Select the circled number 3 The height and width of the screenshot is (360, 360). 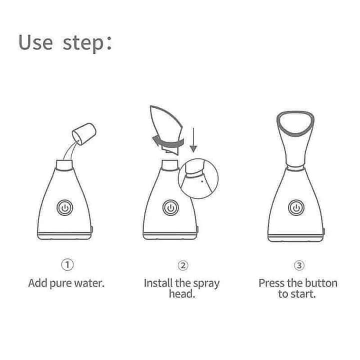tap(298, 264)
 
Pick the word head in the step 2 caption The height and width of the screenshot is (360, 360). tap(181, 294)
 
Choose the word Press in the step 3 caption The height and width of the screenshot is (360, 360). tap(271, 283)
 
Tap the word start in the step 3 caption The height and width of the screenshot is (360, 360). tap(304, 294)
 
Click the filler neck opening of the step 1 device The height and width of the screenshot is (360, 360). tap(65, 163)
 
